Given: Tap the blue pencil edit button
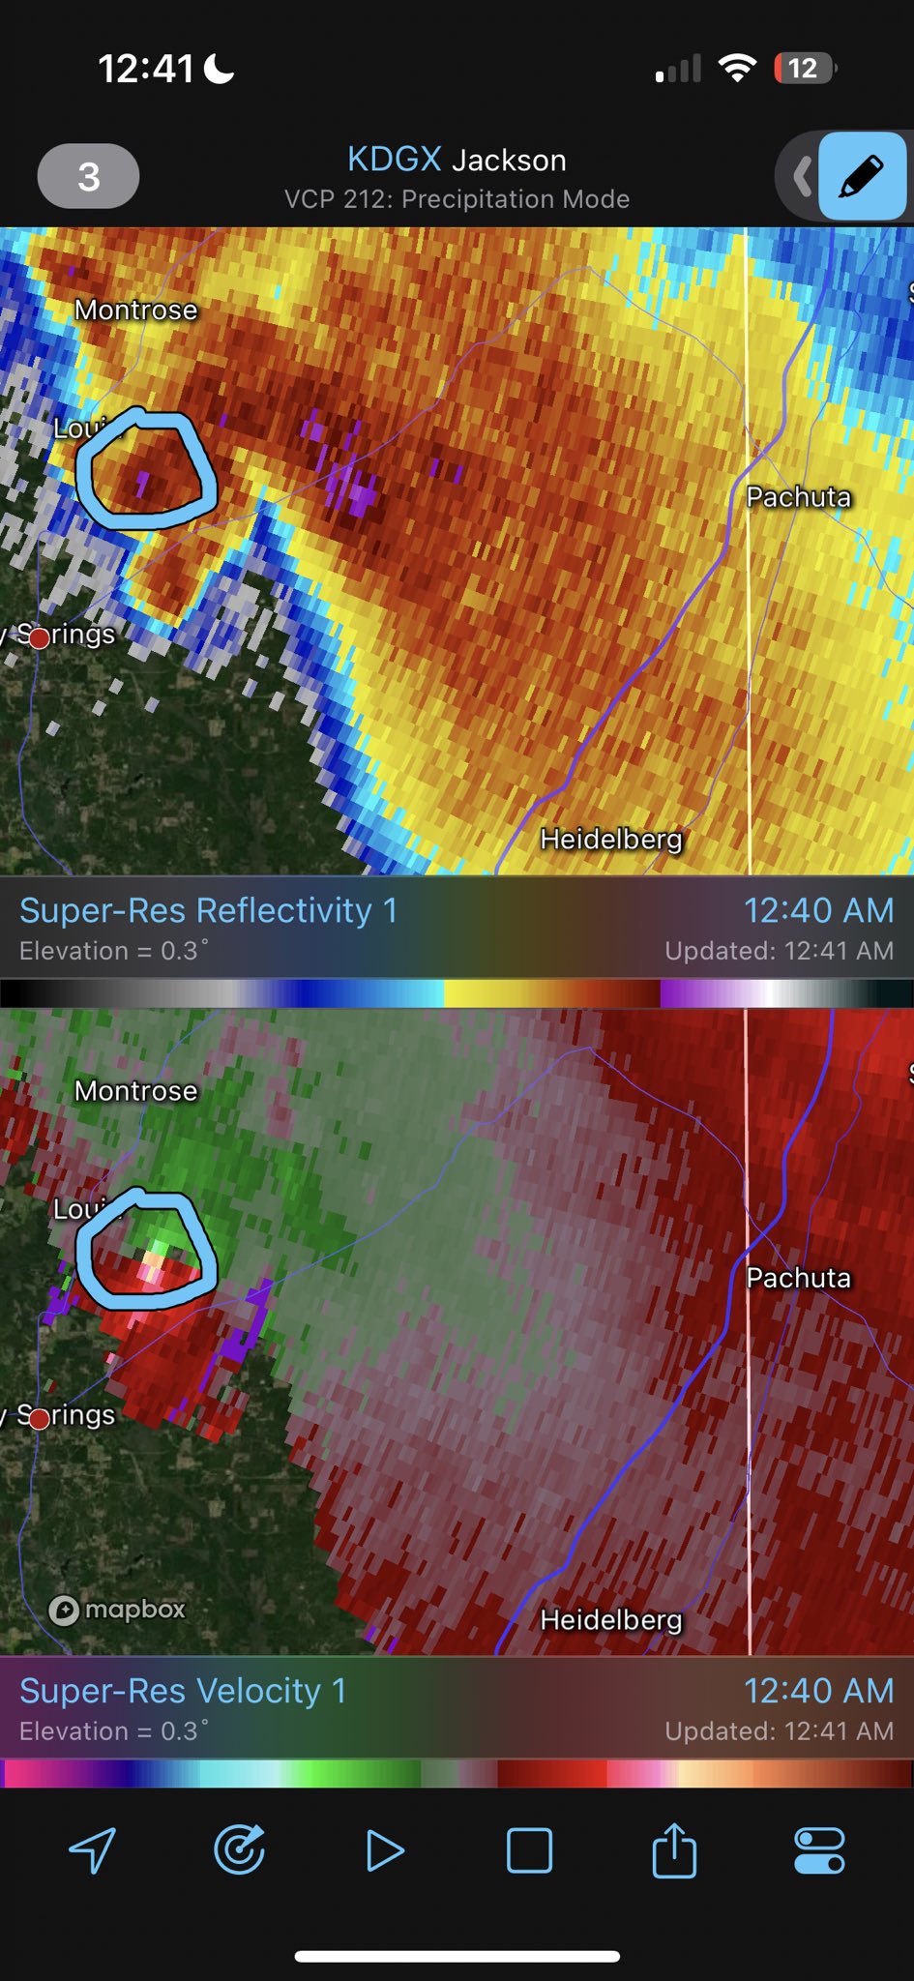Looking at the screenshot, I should (x=861, y=177).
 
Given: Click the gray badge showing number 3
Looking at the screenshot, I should (x=88, y=176).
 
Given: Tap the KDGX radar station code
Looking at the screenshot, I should (x=394, y=159).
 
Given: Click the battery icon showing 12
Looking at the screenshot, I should (x=804, y=69).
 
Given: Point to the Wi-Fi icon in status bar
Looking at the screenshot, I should (x=737, y=69).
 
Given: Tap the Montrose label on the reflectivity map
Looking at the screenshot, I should (x=135, y=310).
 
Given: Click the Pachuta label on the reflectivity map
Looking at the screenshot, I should (x=798, y=496).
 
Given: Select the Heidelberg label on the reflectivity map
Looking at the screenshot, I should (x=610, y=839).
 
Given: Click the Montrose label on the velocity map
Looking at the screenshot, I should (x=135, y=1090).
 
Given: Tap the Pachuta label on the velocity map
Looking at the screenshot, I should (x=798, y=1277).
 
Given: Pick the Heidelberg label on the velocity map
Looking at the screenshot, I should (x=610, y=1619).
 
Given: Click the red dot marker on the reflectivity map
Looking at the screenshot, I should (x=39, y=637).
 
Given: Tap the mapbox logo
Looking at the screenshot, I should (x=117, y=1610).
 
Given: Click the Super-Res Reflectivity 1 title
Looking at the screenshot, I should (x=208, y=910).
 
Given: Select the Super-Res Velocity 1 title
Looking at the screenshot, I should (x=183, y=1691).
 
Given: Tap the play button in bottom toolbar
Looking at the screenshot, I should (x=384, y=1851).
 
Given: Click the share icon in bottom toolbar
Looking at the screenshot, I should (x=674, y=1850).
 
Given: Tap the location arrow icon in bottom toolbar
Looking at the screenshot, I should (x=93, y=1851).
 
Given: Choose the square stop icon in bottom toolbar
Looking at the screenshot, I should (x=529, y=1851).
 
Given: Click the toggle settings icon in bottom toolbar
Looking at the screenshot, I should (x=819, y=1851).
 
